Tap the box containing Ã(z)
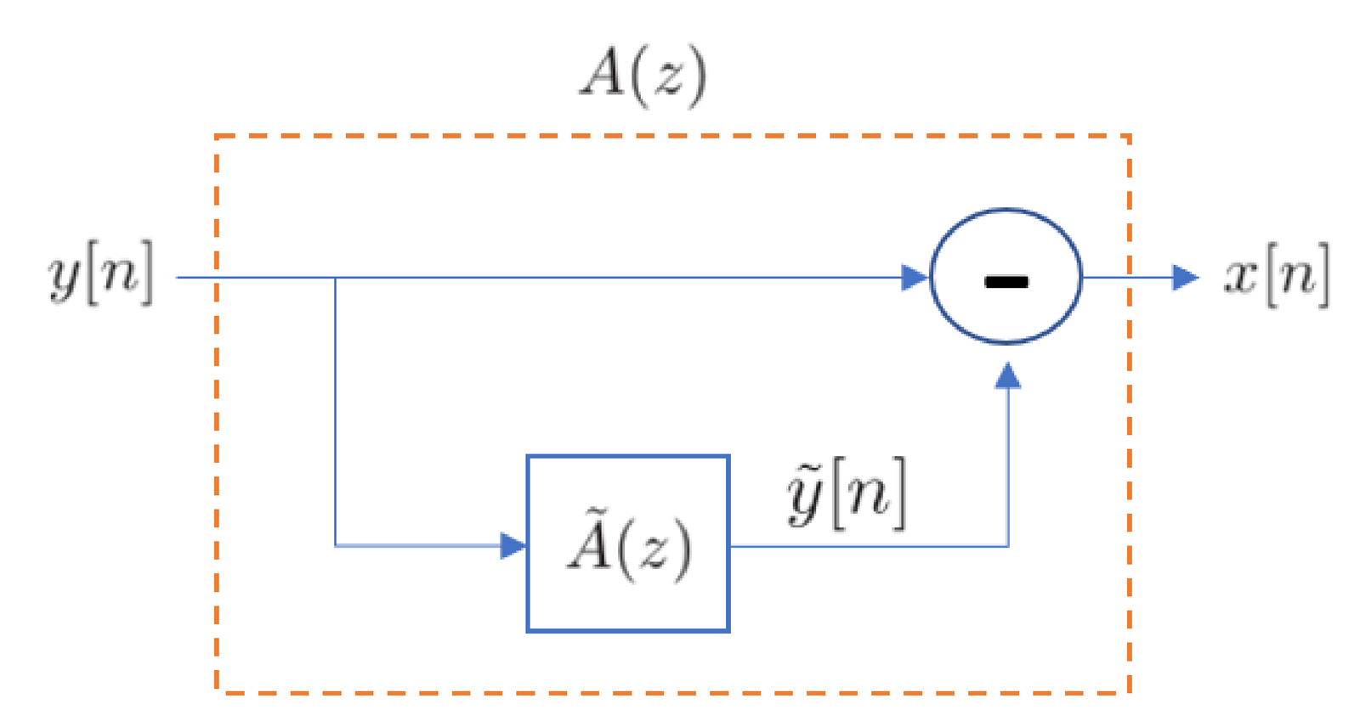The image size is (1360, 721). click(x=628, y=544)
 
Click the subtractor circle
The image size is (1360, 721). click(x=1006, y=276)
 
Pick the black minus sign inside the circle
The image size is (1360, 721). click(x=1006, y=282)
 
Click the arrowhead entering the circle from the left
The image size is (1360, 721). click(x=915, y=277)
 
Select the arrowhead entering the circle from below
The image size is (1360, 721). click(x=1007, y=376)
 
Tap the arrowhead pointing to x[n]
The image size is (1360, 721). click(x=1185, y=277)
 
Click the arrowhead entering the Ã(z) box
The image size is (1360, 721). click(x=513, y=545)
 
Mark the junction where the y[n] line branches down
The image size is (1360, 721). click(x=336, y=278)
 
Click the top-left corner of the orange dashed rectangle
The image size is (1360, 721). click(x=218, y=136)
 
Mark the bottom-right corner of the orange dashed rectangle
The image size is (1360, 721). click(x=1129, y=692)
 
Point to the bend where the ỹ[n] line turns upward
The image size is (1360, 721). click(x=1007, y=545)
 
